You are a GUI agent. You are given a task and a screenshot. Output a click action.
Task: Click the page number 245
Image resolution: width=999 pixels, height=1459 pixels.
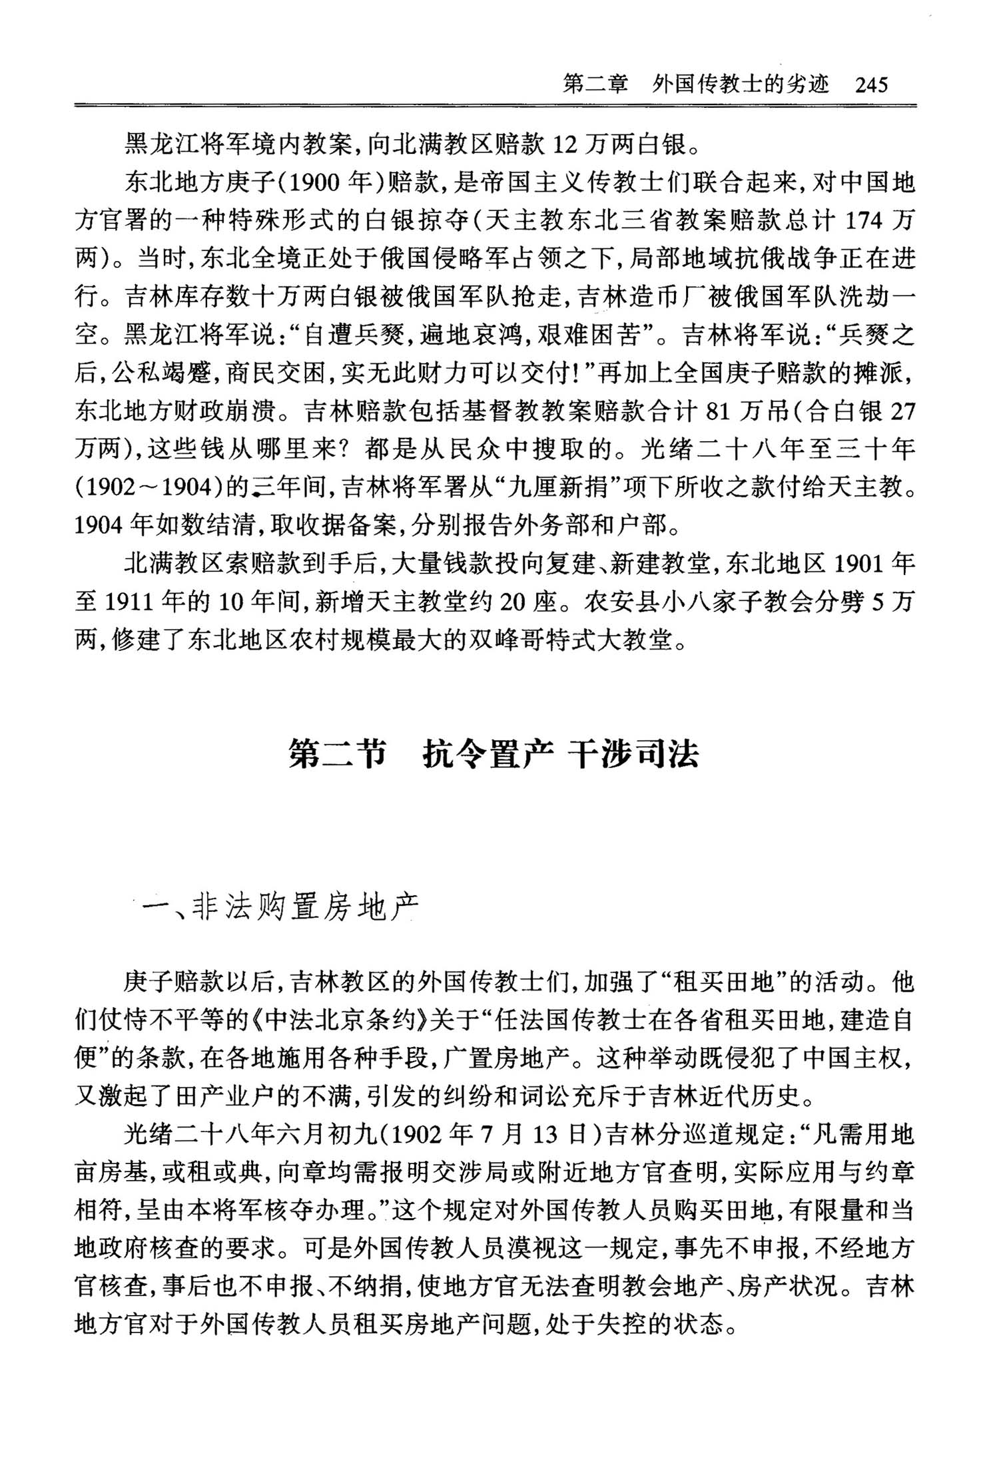pos(872,85)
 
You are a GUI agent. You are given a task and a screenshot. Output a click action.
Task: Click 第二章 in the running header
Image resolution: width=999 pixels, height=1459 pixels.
pos(596,85)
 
